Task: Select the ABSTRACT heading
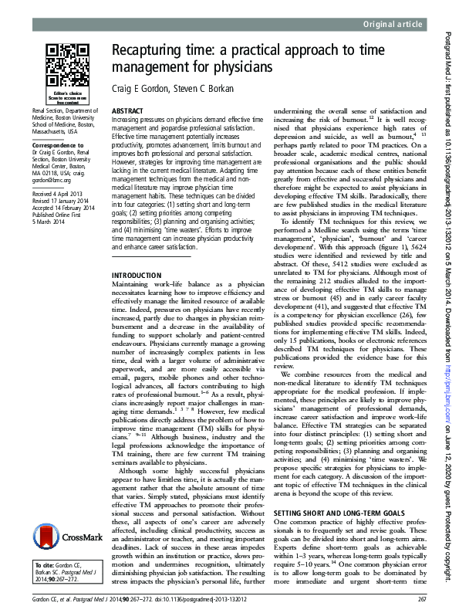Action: coord(127,111)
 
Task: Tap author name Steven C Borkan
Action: coord(208,88)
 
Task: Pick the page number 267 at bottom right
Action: coord(421,600)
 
